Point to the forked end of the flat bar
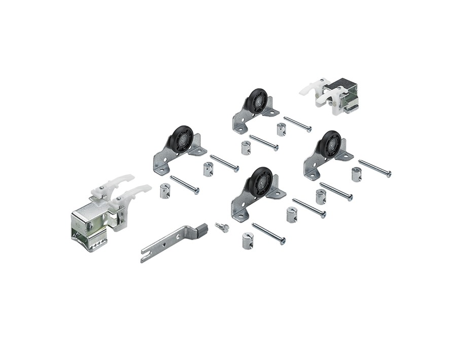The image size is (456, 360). [x=145, y=257]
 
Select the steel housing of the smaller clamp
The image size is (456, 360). [x=345, y=96]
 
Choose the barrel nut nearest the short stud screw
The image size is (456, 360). [x=247, y=240]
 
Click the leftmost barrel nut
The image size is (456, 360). [x=165, y=191]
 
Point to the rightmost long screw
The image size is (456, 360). [x=374, y=168]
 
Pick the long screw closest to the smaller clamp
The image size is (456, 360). [x=297, y=124]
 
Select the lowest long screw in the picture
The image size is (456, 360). [x=268, y=233]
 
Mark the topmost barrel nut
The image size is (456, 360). [x=281, y=129]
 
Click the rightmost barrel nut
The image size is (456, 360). [x=356, y=174]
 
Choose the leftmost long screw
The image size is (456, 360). [x=184, y=184]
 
